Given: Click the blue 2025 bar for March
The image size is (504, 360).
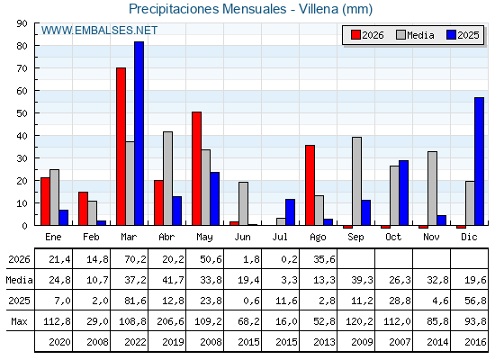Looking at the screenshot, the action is pos(139,133).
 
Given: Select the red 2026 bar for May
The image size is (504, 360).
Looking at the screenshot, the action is pos(197,168).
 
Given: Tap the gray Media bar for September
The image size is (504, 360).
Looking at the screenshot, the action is pos(356,181).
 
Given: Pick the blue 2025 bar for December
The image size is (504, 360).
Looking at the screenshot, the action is pos(479,161).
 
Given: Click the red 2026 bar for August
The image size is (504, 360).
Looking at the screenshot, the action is pos(310,185).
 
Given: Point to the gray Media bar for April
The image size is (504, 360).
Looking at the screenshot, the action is pos(167,178).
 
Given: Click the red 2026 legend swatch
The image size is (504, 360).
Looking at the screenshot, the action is pos(355,35).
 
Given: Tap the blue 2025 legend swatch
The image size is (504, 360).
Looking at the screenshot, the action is pos(451,35).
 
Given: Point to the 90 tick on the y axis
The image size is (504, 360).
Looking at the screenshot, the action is pos(22,23).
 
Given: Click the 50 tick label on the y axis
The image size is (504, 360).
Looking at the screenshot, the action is pos(22,113).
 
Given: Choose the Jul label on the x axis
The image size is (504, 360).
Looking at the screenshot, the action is pos(280,237).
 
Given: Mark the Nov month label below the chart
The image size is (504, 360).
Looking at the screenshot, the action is pos(431,237).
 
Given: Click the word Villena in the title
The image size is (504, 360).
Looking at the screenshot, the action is pos(319,9).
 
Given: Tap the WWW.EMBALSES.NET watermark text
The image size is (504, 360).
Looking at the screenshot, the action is pos(99,31).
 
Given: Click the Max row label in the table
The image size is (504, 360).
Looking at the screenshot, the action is pos(19,321).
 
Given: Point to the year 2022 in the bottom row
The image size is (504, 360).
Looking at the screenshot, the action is pos(135,342).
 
